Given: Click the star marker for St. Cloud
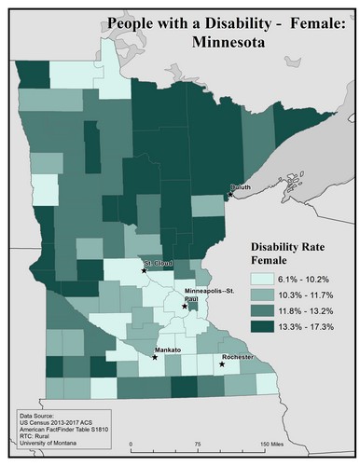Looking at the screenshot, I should coord(145,270).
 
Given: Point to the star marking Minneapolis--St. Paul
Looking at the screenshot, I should coord(185,305).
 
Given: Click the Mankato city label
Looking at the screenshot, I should coord(168,349).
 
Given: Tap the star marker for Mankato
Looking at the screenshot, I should coord(154,357).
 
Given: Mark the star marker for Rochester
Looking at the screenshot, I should coord(222,364).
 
